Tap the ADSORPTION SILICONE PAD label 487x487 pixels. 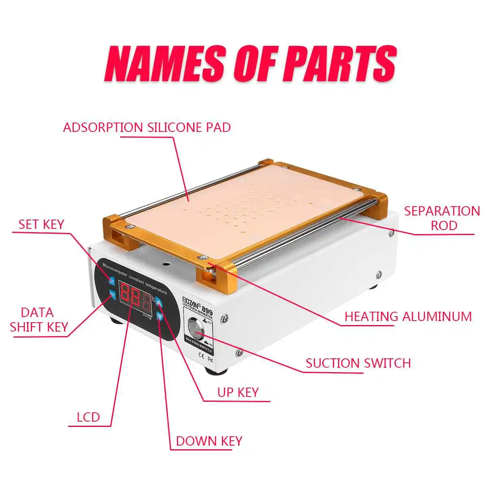(x=147, y=127)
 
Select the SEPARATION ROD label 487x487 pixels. (x=442, y=218)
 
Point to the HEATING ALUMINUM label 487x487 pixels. (x=408, y=317)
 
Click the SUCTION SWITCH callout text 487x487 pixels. (x=358, y=363)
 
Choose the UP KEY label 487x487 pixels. (x=238, y=392)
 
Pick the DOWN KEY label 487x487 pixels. (x=209, y=441)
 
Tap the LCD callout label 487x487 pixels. (x=88, y=417)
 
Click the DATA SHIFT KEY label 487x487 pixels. (x=39, y=320)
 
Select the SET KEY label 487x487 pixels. (x=41, y=224)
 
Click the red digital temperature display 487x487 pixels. (x=135, y=298)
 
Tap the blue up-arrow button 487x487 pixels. (x=159, y=303)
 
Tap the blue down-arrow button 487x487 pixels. (x=160, y=317)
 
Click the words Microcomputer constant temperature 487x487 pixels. (x=134, y=277)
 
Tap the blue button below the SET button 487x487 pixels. (x=112, y=294)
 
